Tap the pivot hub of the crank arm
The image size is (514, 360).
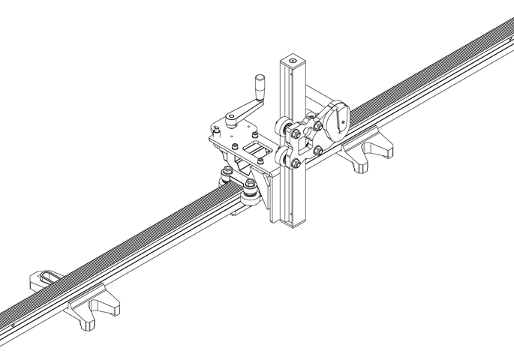233,117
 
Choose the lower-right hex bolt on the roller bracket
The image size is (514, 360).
319,151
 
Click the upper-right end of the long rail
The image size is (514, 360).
506,30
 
